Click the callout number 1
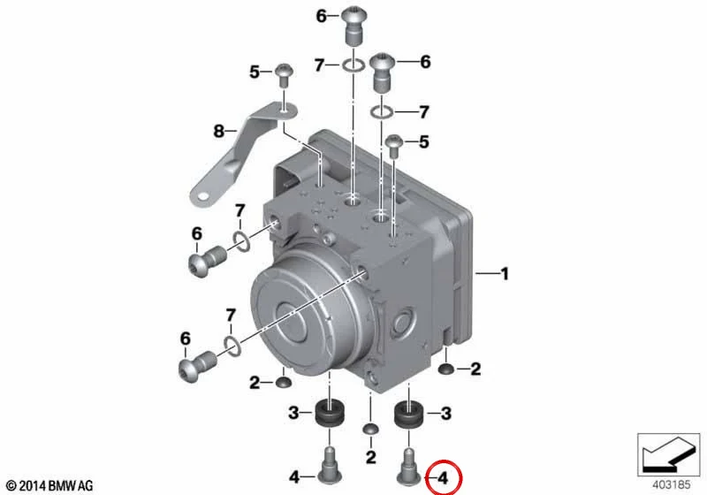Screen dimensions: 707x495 pyautogui.click(x=505, y=274)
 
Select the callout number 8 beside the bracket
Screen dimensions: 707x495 pyautogui.click(x=218, y=131)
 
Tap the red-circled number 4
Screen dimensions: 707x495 pyautogui.click(x=444, y=478)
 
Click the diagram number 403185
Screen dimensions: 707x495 pyautogui.click(x=672, y=484)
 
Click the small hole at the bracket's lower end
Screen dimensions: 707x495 pyautogui.click(x=203, y=195)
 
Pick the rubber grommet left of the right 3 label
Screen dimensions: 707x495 pyautogui.click(x=408, y=415)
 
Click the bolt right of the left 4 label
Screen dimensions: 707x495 pyautogui.click(x=329, y=464)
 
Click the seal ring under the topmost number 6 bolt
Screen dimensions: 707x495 pyautogui.click(x=353, y=66)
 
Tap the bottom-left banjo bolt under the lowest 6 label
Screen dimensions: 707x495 pyautogui.click(x=197, y=365)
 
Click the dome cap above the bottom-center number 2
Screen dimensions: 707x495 pyautogui.click(x=370, y=429)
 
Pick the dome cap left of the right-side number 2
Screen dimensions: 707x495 pyautogui.click(x=446, y=369)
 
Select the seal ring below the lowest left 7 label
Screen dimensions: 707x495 pyautogui.click(x=232, y=346)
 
